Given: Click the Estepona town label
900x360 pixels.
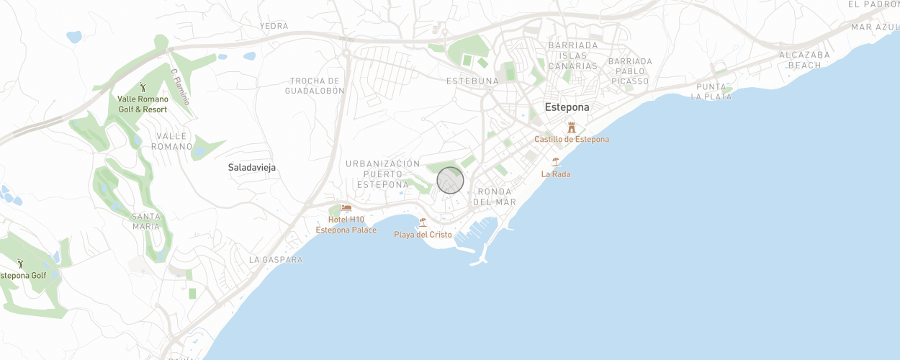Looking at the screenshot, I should pos(567,107).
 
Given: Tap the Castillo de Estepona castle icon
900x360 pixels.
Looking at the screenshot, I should pos(572,127).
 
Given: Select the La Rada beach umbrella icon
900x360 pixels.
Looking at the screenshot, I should pos(555,162).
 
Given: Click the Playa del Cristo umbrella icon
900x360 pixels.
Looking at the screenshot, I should pos(423,222).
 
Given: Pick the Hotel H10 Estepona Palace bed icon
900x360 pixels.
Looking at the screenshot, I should pos(346,208).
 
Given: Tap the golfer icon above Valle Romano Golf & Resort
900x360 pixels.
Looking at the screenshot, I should pos(143,86).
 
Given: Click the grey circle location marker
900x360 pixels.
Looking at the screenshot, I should pos(451,180).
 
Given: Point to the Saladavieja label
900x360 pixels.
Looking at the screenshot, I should pos(252,167).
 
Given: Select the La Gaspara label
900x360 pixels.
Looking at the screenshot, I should pos(276,259).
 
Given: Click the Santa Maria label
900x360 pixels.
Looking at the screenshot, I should pos(146,221).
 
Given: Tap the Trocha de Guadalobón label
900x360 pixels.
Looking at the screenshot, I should pos(315,86).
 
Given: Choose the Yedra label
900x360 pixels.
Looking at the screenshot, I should pos(274,26).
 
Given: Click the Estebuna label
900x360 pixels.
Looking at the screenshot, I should pos(472,81).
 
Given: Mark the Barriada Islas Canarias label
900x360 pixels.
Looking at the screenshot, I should pos(573,55).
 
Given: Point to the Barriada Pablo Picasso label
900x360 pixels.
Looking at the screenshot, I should pos(630,71).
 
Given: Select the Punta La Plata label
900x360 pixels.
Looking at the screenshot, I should pos(711,91).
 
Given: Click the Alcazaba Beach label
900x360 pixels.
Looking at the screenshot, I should pos(804,60).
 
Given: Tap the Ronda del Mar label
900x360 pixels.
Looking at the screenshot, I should pos(495,197).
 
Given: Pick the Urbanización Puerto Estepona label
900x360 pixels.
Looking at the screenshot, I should pos(382,174).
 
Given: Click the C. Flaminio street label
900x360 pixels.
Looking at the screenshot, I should pos(179,86).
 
